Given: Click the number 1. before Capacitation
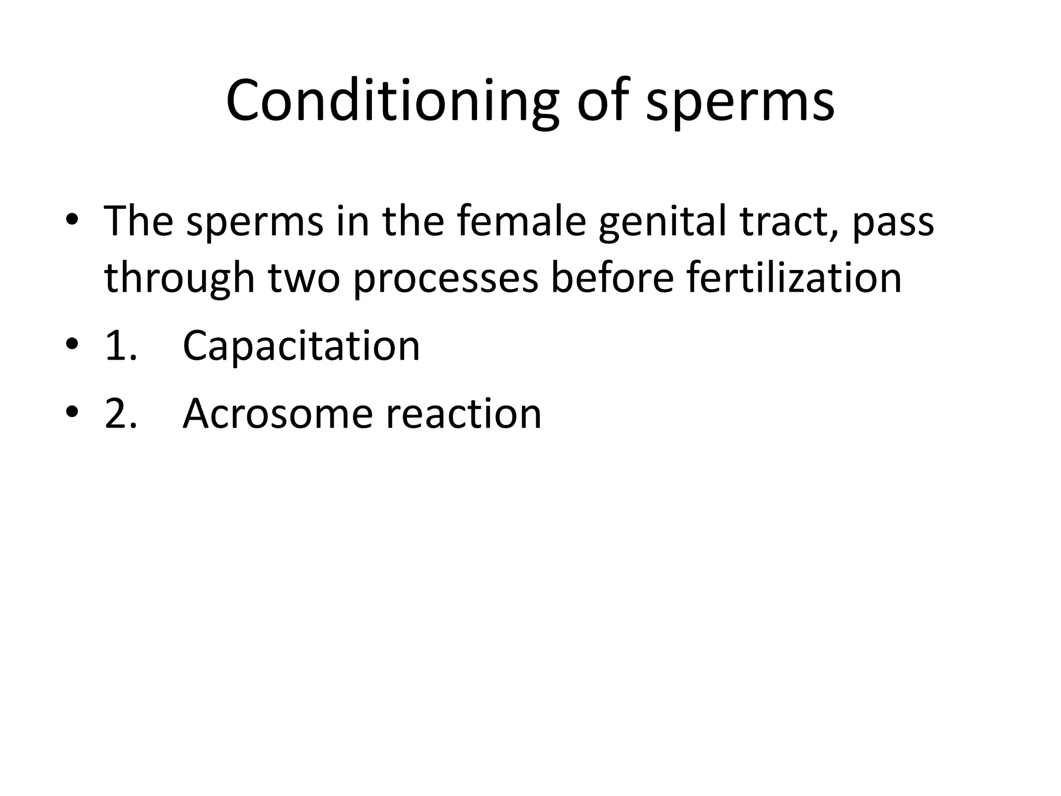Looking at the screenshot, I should [121, 346].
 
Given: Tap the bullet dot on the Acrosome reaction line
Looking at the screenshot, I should [72, 413].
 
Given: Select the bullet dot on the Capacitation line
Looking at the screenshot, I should [72, 345].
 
